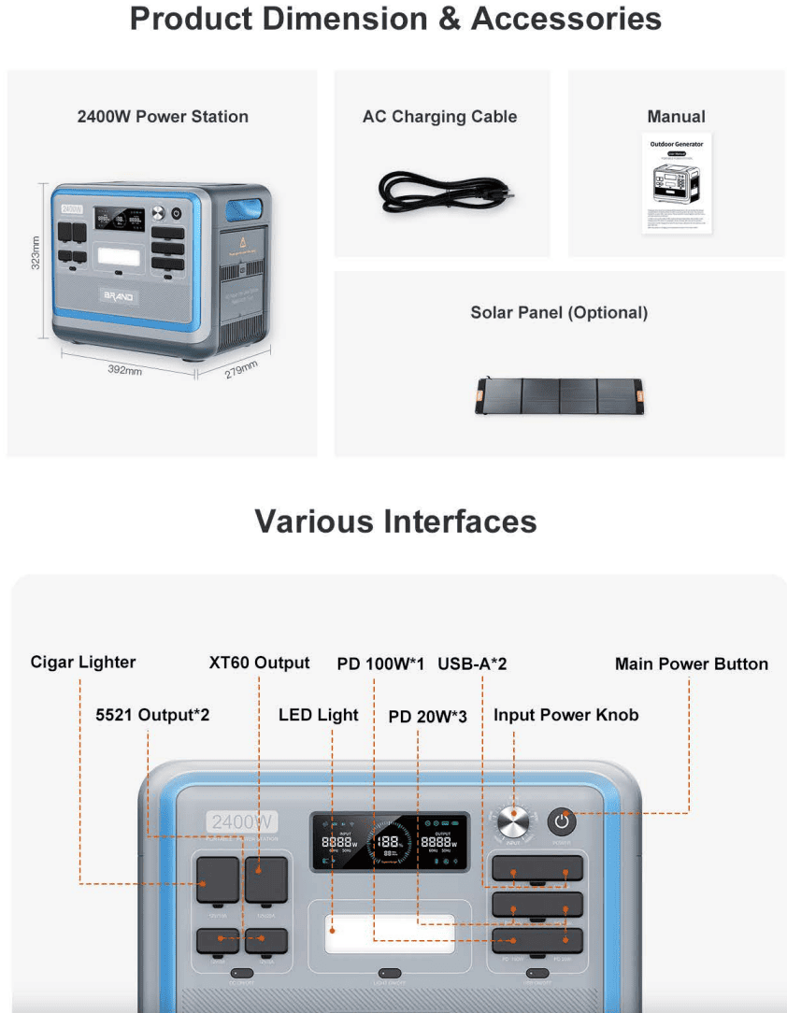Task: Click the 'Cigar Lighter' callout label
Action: (x=83, y=663)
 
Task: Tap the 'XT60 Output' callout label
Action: (x=259, y=663)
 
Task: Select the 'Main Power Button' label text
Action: (x=692, y=663)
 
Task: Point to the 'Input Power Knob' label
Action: (x=566, y=715)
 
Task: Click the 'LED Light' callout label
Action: (x=319, y=715)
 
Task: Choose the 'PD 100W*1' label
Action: (x=381, y=663)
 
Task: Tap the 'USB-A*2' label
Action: (x=472, y=663)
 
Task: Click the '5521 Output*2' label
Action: (x=152, y=715)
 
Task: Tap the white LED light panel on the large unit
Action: (x=391, y=934)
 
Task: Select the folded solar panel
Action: (x=560, y=395)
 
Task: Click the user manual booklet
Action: (x=677, y=183)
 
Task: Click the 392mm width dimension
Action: (x=124, y=370)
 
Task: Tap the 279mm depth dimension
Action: (x=241, y=370)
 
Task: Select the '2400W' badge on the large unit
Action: (x=243, y=821)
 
